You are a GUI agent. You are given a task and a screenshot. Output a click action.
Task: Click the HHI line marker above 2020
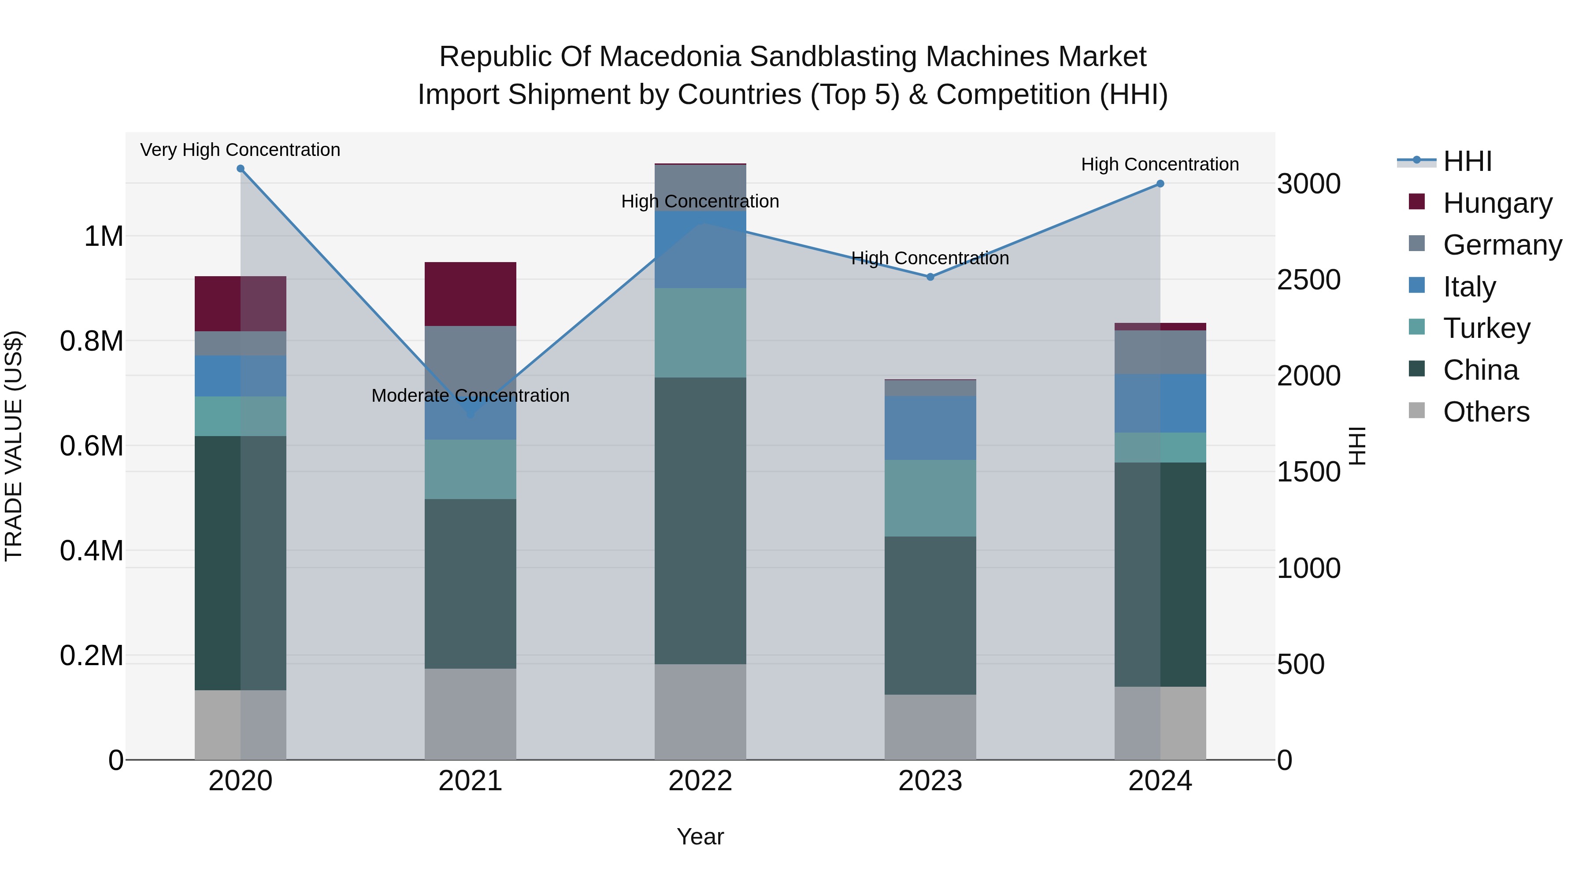point(241,169)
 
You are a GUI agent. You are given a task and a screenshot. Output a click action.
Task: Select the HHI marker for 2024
point(1160,183)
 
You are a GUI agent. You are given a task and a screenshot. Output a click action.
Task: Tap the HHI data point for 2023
point(930,277)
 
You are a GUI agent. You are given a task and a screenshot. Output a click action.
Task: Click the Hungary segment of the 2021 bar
point(471,294)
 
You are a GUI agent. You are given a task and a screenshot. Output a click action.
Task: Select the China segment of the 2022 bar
point(700,520)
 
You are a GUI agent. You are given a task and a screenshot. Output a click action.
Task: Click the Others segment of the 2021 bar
point(471,714)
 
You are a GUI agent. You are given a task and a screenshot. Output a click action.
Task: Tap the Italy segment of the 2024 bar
point(1160,403)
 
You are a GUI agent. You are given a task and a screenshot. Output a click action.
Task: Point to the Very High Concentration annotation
point(240,150)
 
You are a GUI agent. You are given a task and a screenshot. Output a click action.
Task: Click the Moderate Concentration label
point(471,395)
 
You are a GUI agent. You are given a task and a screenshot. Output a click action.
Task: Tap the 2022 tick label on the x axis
point(700,781)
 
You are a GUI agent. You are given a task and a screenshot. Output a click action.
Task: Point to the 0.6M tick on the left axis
point(92,446)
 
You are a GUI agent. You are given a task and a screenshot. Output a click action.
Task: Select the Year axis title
point(700,836)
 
